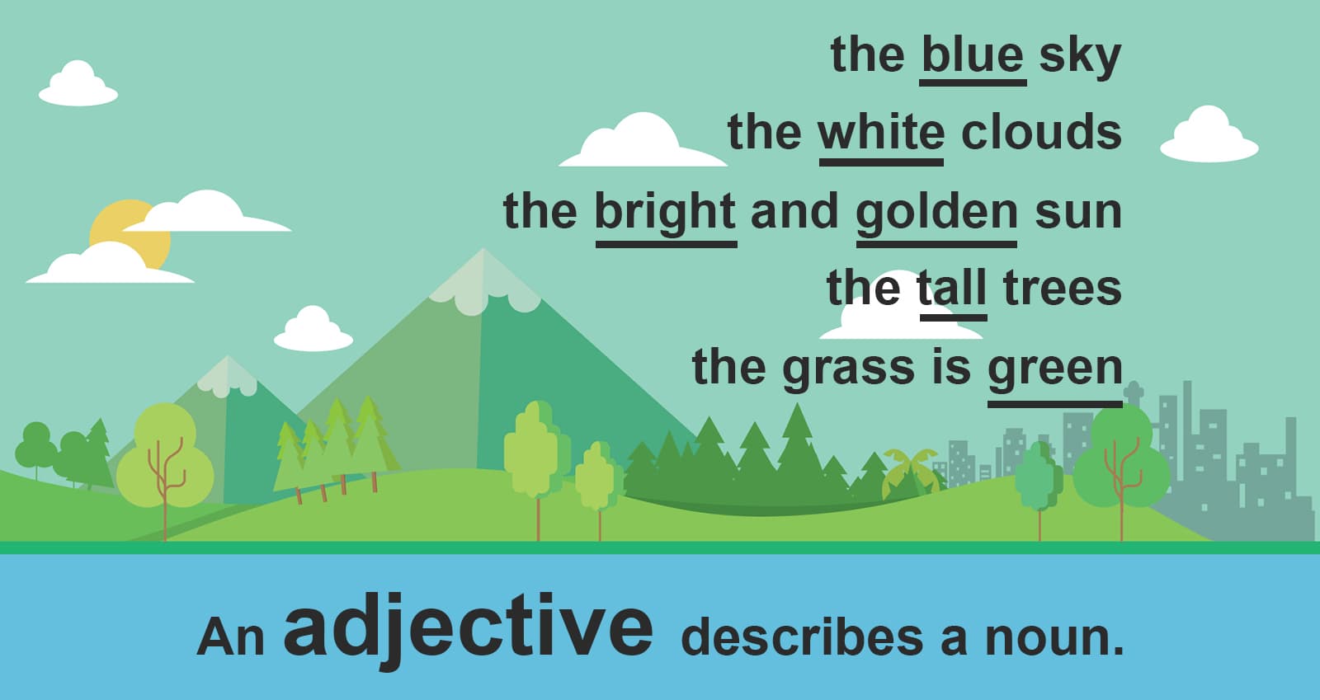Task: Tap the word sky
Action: (1080, 56)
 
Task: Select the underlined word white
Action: (881, 133)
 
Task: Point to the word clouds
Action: (1041, 132)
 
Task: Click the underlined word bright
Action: (665, 212)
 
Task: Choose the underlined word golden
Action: (936, 212)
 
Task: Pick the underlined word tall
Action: (952, 289)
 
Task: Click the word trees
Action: (1062, 289)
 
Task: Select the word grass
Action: (849, 368)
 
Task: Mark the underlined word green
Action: (1055, 368)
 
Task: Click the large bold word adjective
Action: (468, 628)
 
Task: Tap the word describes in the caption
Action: (801, 637)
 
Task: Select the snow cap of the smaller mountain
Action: (228, 375)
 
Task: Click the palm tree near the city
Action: (909, 470)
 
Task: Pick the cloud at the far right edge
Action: (1209, 135)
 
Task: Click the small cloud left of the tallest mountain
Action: (313, 330)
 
